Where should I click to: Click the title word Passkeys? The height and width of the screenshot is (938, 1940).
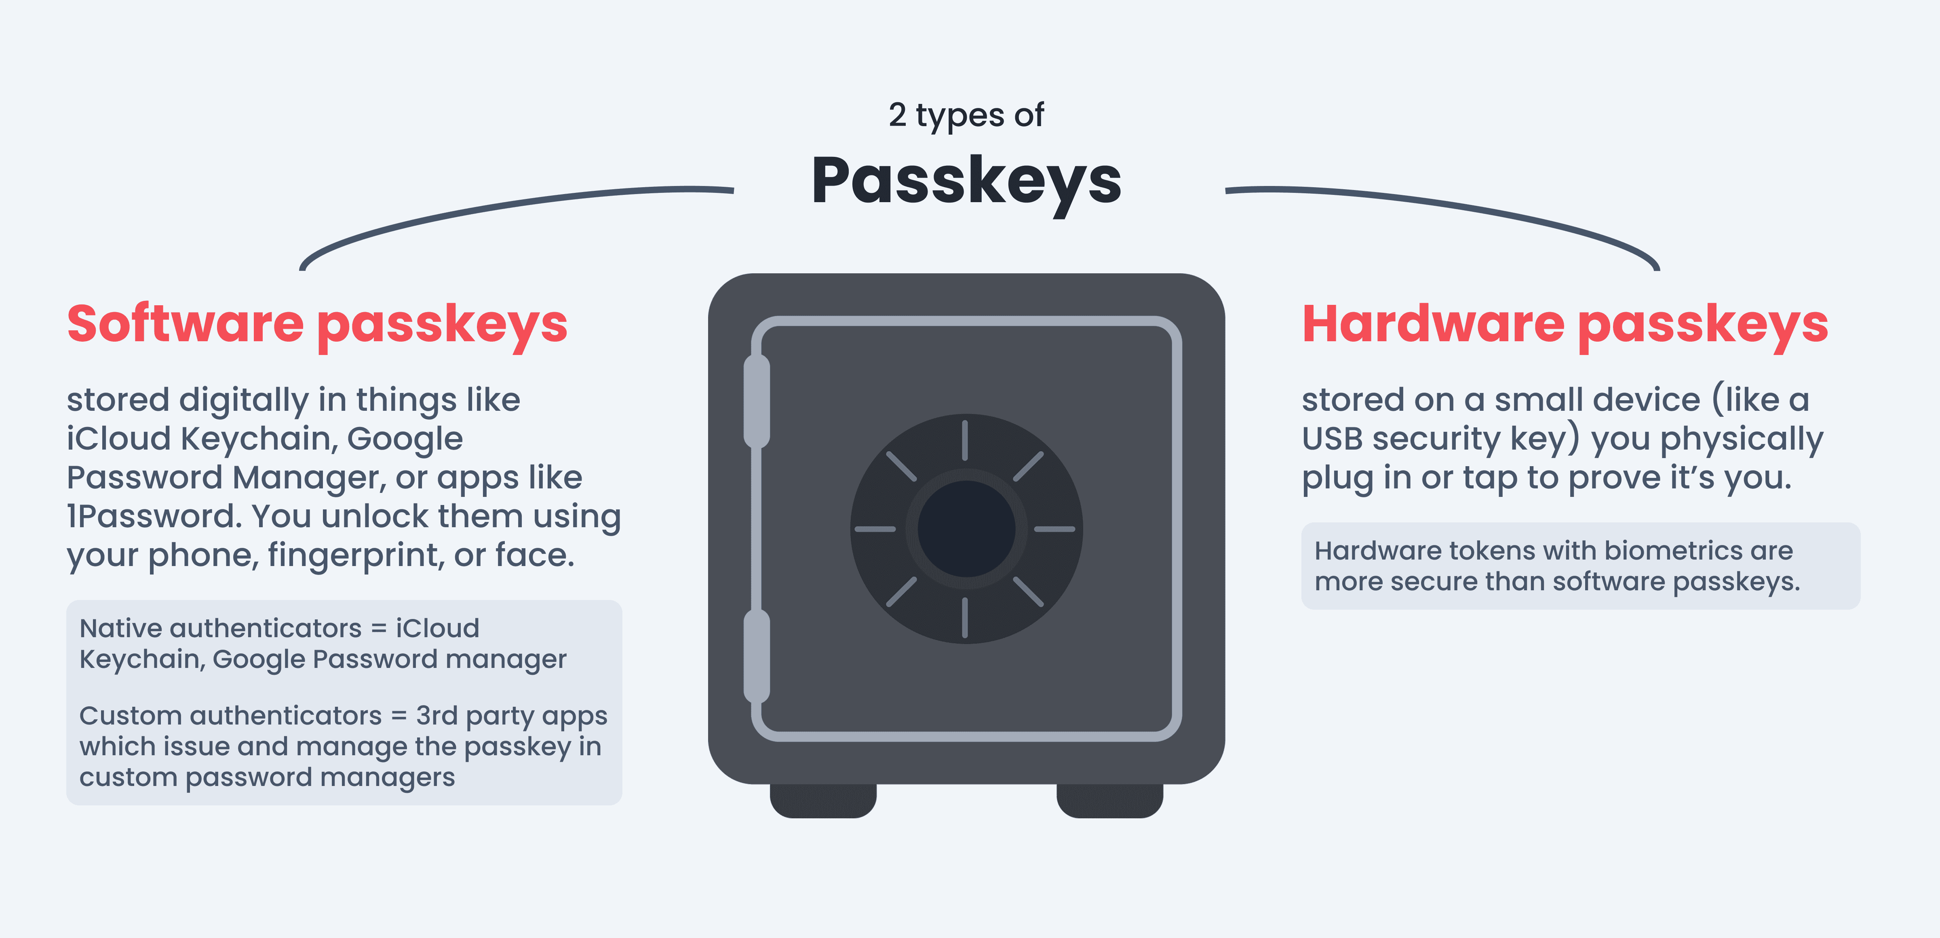(x=966, y=181)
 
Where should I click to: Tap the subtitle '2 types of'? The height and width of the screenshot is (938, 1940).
(x=966, y=115)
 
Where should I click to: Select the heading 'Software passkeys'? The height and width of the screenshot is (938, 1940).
(x=317, y=324)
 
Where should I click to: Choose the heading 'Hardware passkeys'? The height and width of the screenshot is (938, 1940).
(x=1565, y=324)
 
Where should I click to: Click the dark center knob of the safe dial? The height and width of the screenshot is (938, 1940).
(x=966, y=529)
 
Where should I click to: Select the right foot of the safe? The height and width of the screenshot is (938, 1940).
(x=1109, y=800)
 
